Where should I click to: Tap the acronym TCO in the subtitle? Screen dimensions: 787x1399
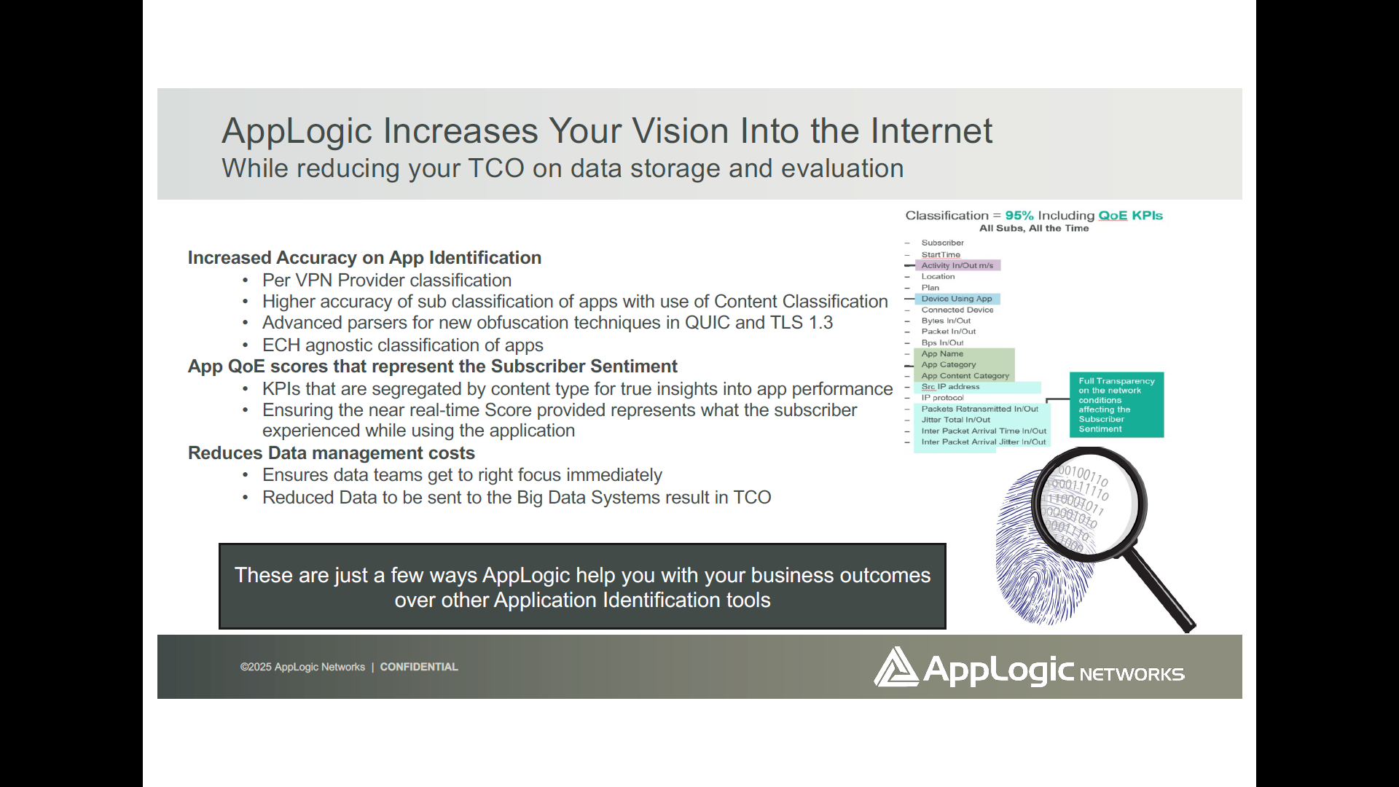click(495, 168)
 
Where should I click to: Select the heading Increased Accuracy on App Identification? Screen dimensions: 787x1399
click(364, 258)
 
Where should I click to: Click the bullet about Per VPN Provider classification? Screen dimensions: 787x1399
click(386, 281)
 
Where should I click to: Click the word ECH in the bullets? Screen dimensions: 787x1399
click(281, 345)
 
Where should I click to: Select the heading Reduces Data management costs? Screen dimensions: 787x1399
click(331, 453)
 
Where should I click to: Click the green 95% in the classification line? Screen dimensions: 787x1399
click(1019, 216)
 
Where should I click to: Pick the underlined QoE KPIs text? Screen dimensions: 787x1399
click(1130, 216)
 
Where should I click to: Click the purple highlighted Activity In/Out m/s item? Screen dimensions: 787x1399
click(957, 265)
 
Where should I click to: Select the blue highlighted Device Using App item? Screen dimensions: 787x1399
click(956, 299)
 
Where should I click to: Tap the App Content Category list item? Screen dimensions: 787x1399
click(965, 376)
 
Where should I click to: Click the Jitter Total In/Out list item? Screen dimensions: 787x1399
click(955, 420)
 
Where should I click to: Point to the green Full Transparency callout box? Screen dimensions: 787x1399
click(1116, 405)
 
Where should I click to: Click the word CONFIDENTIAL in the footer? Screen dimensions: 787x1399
click(418, 667)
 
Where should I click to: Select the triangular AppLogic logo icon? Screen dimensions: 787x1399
click(896, 667)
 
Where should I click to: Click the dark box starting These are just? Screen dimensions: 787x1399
click(582, 587)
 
